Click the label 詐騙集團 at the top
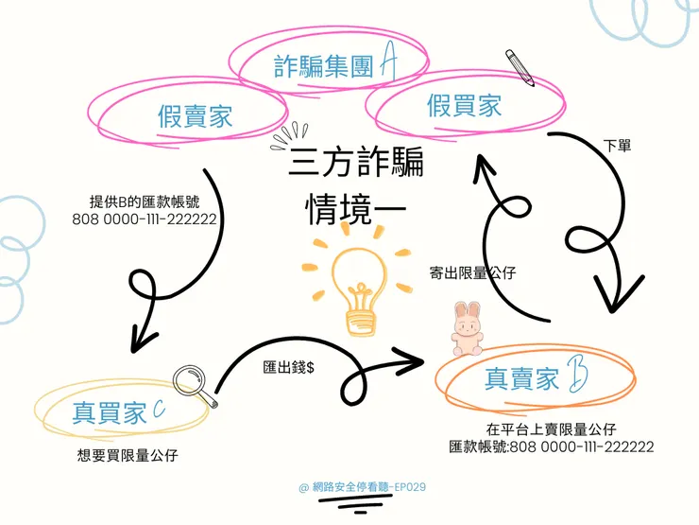(x=323, y=66)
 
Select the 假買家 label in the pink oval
(x=465, y=106)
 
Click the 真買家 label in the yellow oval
(x=109, y=412)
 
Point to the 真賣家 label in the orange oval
(x=521, y=379)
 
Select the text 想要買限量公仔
(x=127, y=455)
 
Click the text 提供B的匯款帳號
(x=145, y=201)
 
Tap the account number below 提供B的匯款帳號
(x=145, y=219)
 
